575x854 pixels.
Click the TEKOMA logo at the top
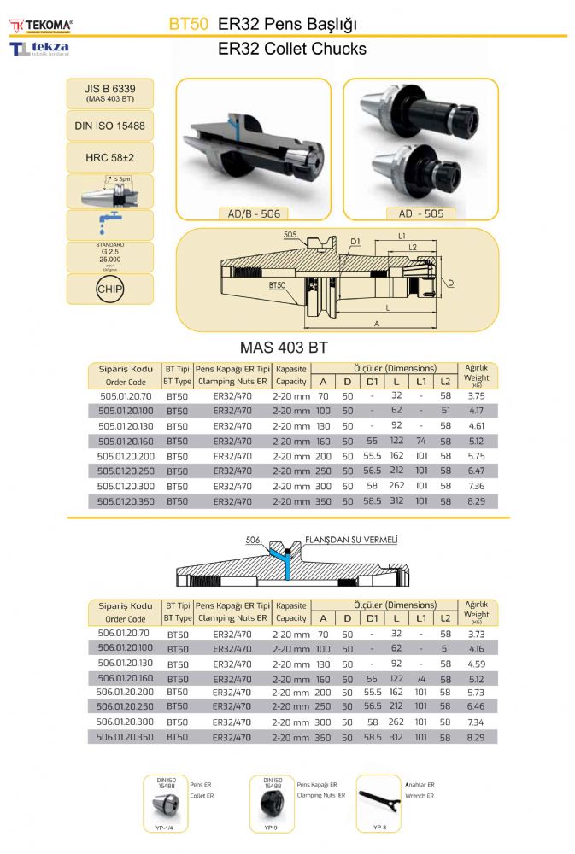coord(41,26)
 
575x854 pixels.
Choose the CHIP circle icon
coord(109,289)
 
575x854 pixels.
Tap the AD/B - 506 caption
coord(254,213)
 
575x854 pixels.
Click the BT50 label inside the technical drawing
coord(278,284)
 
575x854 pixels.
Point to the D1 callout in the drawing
coord(355,242)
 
